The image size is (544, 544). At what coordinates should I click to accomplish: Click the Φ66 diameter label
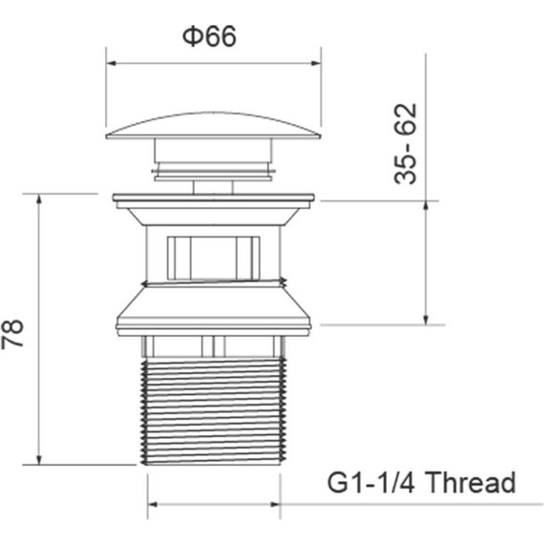209,36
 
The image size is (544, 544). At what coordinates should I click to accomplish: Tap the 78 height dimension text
12,333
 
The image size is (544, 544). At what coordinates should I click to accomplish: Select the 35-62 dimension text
406,143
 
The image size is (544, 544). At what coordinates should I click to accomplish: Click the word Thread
470,482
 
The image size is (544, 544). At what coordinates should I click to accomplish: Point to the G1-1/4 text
371,482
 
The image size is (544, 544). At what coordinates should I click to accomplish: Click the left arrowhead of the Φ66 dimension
111,63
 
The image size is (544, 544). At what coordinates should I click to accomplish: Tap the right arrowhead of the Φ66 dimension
316,63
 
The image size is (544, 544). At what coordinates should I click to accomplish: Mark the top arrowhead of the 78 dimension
39,199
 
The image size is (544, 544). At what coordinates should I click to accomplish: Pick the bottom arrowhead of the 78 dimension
39,460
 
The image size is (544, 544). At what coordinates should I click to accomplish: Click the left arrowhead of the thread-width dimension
153,504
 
